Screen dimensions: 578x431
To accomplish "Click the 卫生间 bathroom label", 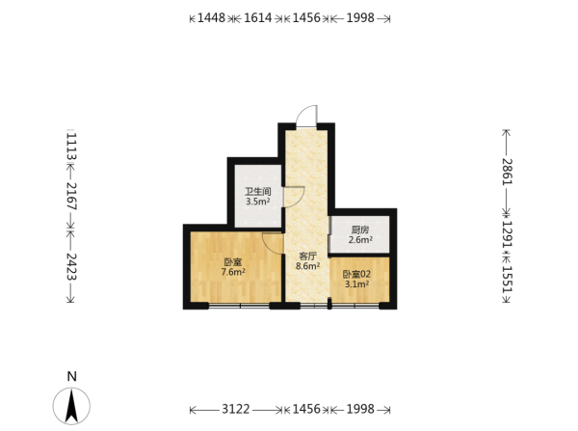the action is click(258, 192).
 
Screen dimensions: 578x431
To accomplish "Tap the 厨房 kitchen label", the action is click(359, 229).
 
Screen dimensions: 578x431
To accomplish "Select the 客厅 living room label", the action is click(308, 256).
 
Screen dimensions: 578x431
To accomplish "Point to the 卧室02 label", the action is click(356, 275).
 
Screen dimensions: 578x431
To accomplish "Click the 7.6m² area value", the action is click(233, 272).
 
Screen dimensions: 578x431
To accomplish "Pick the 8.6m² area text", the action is click(308, 266).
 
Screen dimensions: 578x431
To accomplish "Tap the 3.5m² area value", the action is click(258, 202).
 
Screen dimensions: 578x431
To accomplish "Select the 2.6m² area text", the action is click(360, 240).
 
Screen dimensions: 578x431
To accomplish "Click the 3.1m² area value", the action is click(356, 284).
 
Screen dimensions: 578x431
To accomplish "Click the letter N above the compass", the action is click(72, 376).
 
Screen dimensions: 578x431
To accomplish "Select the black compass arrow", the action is click(71, 406).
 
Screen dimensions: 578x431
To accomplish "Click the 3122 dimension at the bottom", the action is click(236, 409).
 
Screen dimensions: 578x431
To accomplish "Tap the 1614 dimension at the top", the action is click(258, 17).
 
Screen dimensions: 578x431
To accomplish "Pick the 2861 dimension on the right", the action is click(508, 172).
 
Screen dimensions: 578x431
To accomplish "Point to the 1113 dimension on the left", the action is click(71, 147).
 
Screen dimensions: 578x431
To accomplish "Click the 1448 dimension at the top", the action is click(211, 17).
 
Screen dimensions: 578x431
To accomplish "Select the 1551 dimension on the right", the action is click(508, 280).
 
